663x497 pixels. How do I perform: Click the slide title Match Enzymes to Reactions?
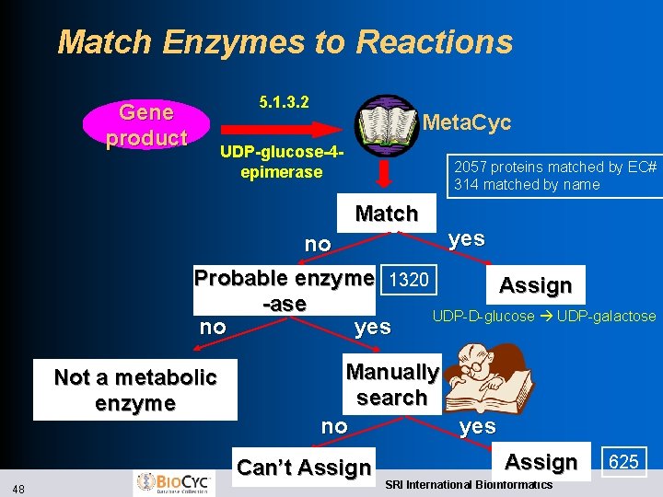[285, 42]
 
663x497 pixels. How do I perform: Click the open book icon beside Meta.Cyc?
[387, 124]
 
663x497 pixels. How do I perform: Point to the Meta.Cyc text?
[466, 123]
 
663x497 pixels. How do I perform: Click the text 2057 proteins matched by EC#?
[554, 167]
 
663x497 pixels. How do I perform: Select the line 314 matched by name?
[526, 184]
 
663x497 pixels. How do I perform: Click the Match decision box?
[386, 214]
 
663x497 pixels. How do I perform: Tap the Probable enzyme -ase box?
[285, 290]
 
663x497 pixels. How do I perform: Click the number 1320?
[408, 280]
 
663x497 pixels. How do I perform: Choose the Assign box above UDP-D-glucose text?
[535, 285]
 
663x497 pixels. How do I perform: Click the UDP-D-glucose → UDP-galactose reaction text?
[543, 316]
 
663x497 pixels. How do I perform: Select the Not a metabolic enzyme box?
[135, 390]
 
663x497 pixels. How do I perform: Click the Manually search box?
[391, 385]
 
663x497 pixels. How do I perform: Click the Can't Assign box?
[304, 468]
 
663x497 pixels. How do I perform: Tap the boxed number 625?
[623, 461]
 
